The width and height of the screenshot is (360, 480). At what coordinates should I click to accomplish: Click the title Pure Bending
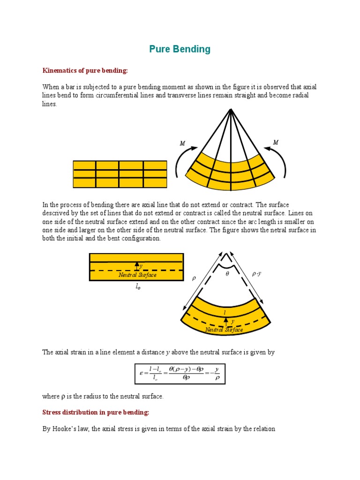click(x=180, y=49)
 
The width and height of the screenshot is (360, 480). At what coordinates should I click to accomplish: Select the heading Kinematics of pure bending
click(x=85, y=70)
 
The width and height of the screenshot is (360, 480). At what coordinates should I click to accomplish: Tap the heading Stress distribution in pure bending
click(x=96, y=412)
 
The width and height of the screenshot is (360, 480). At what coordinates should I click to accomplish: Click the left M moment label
click(x=182, y=143)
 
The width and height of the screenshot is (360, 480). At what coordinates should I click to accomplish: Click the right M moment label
click(x=276, y=142)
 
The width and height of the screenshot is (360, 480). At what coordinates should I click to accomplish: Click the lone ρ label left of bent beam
click(x=193, y=278)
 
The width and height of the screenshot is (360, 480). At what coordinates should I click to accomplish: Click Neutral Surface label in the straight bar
click(x=137, y=275)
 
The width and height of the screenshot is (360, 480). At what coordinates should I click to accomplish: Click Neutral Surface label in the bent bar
click(x=224, y=330)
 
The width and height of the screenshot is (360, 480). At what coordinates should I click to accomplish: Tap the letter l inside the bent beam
click(x=225, y=312)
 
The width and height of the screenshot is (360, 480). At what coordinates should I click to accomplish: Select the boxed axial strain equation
click(x=180, y=374)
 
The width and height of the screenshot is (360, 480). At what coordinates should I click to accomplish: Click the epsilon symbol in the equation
click(x=141, y=374)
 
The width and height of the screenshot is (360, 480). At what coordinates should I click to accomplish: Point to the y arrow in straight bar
click(x=137, y=266)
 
